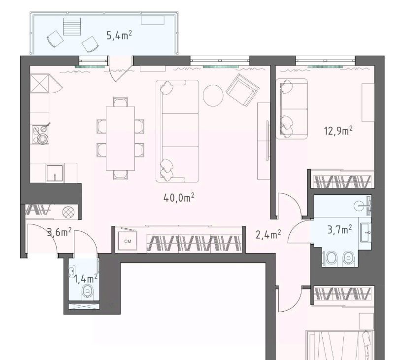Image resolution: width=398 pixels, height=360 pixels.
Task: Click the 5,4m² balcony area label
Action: click(119, 36)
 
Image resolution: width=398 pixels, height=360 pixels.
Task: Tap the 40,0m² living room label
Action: click(179, 198)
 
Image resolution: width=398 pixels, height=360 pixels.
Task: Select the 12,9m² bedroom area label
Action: click(338, 131)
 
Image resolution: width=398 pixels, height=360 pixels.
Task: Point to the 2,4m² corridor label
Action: click(268, 235)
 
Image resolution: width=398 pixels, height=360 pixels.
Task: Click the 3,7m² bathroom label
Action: click(339, 230)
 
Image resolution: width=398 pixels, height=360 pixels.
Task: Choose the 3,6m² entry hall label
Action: click(60, 232)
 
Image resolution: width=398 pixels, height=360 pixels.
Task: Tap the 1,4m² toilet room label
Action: click(86, 279)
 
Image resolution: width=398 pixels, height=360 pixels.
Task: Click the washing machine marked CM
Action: click(128, 241)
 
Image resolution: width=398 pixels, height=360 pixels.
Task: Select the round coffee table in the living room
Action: click(213, 96)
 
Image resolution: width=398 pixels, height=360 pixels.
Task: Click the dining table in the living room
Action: click(120, 139)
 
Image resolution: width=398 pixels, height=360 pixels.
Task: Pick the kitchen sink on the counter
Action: click(55, 173)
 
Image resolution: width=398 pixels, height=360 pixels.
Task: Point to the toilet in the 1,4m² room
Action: click(88, 291)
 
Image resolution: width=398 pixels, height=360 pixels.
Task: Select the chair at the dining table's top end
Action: click(121, 102)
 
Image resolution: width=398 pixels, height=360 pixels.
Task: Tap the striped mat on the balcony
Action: click(72, 27)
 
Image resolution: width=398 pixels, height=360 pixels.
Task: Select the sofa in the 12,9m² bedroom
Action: click(292, 108)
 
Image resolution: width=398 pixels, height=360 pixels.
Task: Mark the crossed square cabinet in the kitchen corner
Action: click(39, 83)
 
